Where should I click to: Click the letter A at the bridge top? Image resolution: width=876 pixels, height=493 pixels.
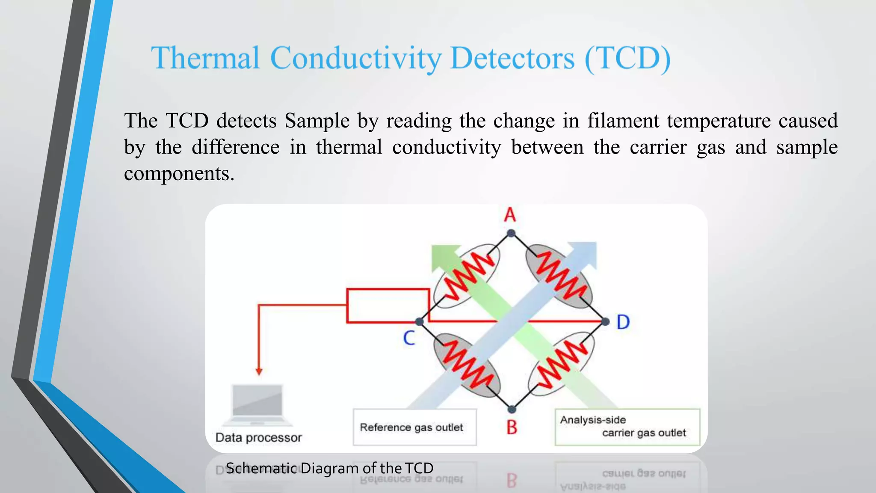pos(510,215)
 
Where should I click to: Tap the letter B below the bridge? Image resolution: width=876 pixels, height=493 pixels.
pos(512,427)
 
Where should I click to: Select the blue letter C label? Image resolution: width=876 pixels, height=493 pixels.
pos(409,338)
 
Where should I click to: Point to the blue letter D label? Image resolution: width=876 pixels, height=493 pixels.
pos(623,322)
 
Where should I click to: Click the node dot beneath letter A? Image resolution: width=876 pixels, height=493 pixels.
pos(511,233)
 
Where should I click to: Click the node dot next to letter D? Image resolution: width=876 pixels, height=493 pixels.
pos(605,321)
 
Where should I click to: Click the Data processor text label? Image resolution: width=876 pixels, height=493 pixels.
pos(258,437)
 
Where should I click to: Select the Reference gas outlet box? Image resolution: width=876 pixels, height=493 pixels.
pos(414,427)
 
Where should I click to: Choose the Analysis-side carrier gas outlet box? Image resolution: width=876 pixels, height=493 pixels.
pos(627,427)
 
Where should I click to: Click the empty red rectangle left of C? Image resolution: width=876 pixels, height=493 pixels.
pos(388,306)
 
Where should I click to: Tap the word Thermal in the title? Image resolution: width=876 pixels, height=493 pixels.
pos(205,58)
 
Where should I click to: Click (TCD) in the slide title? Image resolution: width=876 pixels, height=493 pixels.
pos(627,58)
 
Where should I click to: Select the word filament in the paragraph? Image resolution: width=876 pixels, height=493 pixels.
pos(623,120)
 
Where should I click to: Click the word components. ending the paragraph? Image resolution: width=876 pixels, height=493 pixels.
pos(179,173)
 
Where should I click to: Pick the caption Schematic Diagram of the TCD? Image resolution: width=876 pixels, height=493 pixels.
pos(329,468)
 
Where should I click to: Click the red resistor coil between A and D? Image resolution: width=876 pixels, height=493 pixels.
pos(560,276)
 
